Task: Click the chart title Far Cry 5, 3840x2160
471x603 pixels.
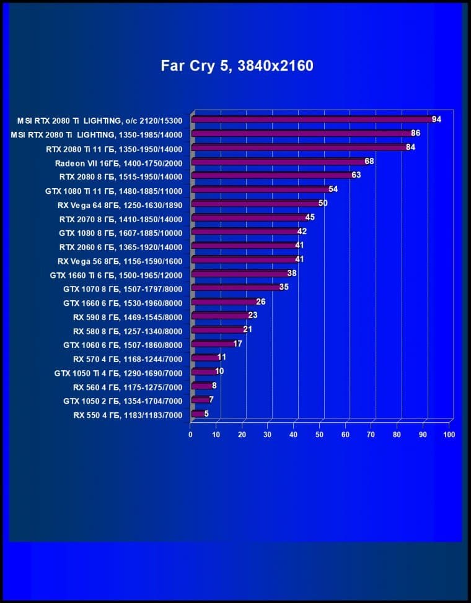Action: (x=237, y=66)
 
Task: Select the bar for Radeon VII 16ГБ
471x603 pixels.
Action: (x=279, y=162)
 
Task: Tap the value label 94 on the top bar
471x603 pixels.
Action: (x=436, y=119)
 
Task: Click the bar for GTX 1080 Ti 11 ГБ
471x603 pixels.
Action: (x=260, y=190)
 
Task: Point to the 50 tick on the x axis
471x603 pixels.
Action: (x=320, y=435)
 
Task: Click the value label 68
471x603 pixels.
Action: (x=369, y=162)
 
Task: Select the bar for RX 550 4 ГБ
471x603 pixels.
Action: (x=198, y=414)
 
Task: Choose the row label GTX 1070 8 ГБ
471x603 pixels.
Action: (x=123, y=288)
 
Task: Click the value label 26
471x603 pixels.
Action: (x=261, y=302)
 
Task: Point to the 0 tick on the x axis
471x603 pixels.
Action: (x=191, y=435)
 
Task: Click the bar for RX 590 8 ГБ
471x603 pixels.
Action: (x=220, y=316)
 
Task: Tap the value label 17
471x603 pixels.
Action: (x=238, y=344)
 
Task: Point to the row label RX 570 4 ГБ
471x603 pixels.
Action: (x=128, y=358)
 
